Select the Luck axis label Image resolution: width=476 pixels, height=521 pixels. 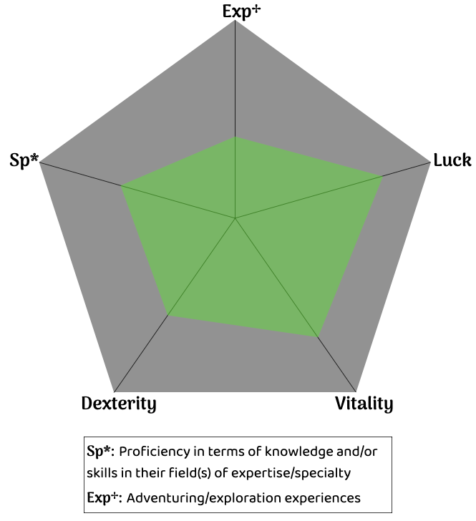point(452,160)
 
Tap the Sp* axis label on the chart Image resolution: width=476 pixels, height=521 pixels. point(24,160)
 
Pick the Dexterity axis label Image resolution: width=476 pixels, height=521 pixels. point(119,404)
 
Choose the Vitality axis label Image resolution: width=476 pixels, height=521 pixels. point(364,404)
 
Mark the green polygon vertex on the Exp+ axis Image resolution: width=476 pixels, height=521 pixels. point(235,137)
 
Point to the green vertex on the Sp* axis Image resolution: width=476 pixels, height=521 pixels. point(121,186)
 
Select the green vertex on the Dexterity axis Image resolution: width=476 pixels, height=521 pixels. point(167,315)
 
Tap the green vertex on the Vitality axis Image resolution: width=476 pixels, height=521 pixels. point(317,336)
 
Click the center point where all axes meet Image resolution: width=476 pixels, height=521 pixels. point(235,218)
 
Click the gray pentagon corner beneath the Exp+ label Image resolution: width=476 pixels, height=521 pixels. point(235,21)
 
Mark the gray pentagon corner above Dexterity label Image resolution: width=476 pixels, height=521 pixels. point(115,391)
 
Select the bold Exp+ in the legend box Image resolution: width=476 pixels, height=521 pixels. point(100,497)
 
